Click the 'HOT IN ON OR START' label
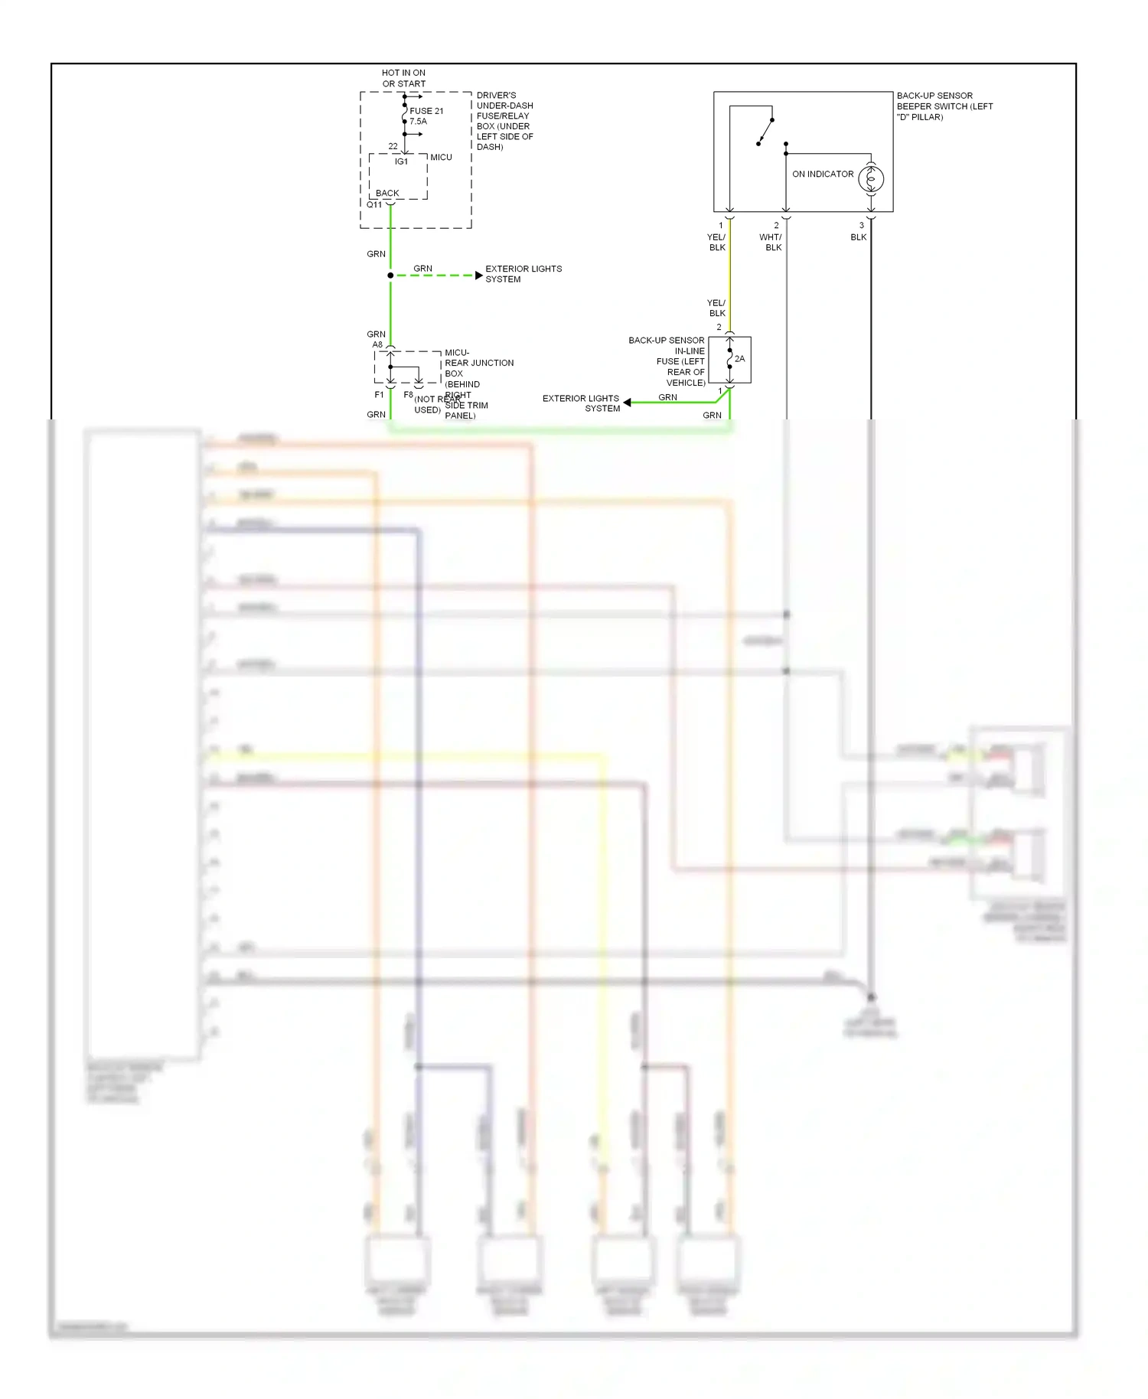[403, 78]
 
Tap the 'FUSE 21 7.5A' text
[426, 116]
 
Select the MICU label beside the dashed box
[441, 158]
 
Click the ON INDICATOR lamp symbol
[871, 179]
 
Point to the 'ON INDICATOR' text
[823, 174]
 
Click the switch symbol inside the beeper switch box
[765, 132]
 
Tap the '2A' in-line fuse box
[730, 360]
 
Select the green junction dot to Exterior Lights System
[390, 276]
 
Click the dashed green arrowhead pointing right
[479, 276]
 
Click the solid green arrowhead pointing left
[627, 403]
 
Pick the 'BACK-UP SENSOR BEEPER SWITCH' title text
[944, 106]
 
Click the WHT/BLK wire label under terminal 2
[771, 242]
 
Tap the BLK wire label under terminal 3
[859, 237]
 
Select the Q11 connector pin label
[374, 205]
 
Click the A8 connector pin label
[377, 345]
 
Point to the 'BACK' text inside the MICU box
[387, 194]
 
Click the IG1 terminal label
[401, 162]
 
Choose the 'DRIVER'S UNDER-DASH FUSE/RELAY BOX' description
[504, 121]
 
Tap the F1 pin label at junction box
[379, 395]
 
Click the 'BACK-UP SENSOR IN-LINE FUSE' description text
[667, 361]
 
